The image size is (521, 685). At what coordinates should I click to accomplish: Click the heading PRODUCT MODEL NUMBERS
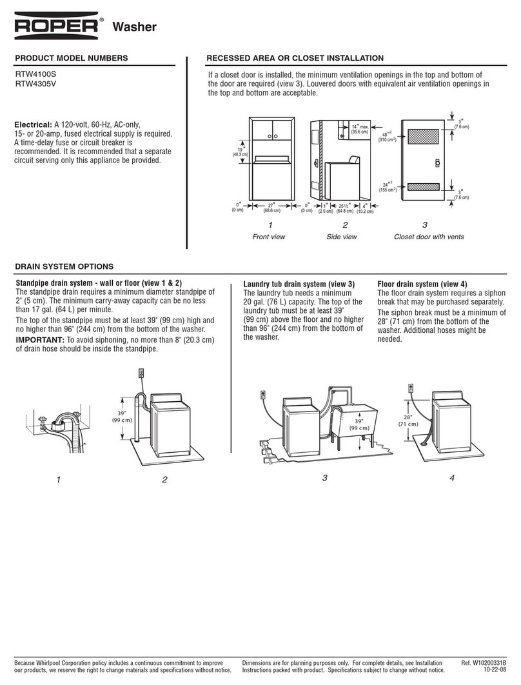(x=71, y=58)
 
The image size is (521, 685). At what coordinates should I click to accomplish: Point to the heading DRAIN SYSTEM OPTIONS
(x=64, y=266)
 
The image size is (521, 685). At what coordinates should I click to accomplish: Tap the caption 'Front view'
(x=269, y=237)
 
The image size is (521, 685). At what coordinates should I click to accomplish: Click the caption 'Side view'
(x=342, y=237)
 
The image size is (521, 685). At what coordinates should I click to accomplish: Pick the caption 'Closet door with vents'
(x=429, y=237)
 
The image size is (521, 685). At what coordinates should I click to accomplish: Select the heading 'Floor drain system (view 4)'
(x=422, y=284)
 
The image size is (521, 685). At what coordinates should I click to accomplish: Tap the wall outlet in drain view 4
(x=409, y=388)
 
